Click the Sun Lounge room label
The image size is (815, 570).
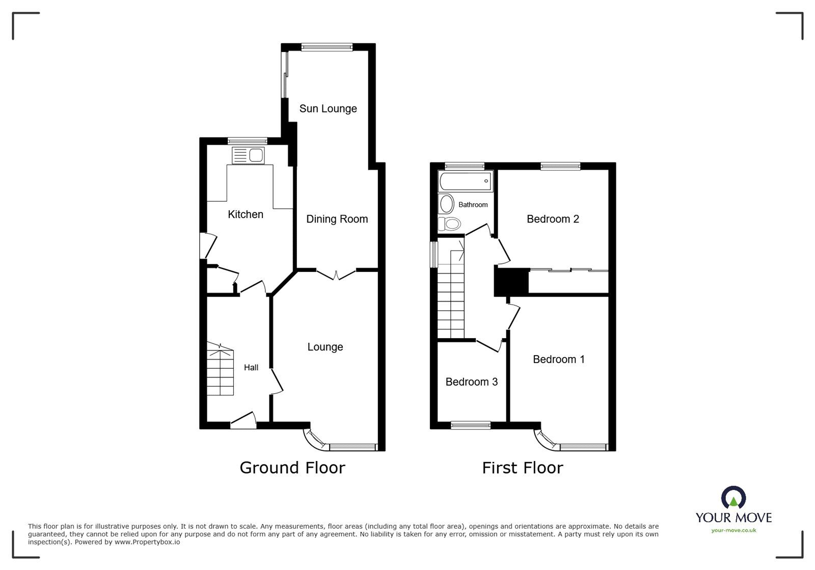coord(328,108)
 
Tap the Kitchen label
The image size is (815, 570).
coord(246,214)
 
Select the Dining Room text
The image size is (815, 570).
coord(337,219)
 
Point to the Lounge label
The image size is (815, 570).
coord(325,347)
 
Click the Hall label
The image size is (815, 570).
coord(251,367)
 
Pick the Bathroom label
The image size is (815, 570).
coord(473,205)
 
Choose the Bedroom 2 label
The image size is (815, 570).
coord(553,219)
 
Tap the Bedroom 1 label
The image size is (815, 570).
coord(558,359)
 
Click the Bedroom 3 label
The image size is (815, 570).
coord(471,382)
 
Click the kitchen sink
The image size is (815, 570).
coord(248,155)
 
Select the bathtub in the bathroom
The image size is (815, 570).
coord(465,181)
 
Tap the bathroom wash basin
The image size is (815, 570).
coord(447,204)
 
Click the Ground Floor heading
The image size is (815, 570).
coord(292,468)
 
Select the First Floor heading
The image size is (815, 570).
coord(523,468)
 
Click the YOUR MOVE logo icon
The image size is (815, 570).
coord(733,498)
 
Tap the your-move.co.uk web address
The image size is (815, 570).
coord(733,530)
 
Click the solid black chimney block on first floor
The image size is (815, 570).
coord(511,282)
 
